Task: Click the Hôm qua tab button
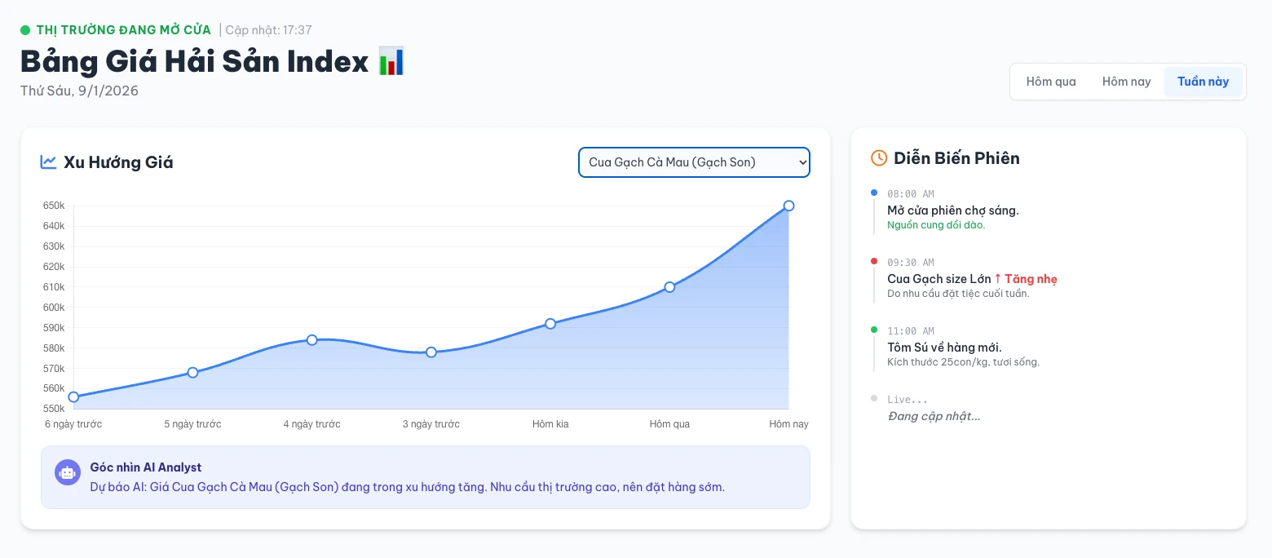pyautogui.click(x=1051, y=82)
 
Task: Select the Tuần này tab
pyautogui.click(x=1203, y=82)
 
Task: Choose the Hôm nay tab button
pyautogui.click(x=1126, y=82)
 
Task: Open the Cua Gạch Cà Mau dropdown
pyautogui.click(x=694, y=162)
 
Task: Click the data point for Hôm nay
pyautogui.click(x=788, y=206)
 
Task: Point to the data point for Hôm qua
pyautogui.click(x=669, y=287)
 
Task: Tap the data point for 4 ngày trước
pyautogui.click(x=312, y=339)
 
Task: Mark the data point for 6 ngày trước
pyautogui.click(x=73, y=397)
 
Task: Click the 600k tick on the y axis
pyautogui.click(x=54, y=308)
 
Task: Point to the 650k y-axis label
pyautogui.click(x=54, y=206)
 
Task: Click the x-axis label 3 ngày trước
pyautogui.click(x=431, y=424)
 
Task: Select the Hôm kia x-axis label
pyautogui.click(x=550, y=424)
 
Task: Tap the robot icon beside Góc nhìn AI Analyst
pyautogui.click(x=67, y=472)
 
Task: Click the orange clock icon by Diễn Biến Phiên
pyautogui.click(x=879, y=158)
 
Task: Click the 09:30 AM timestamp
pyautogui.click(x=911, y=263)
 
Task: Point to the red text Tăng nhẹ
pyautogui.click(x=1031, y=279)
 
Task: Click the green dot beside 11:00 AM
pyautogui.click(x=874, y=330)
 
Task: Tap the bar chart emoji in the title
pyautogui.click(x=391, y=62)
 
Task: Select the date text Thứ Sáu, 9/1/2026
pyautogui.click(x=79, y=91)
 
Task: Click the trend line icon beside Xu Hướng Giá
pyautogui.click(x=48, y=162)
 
